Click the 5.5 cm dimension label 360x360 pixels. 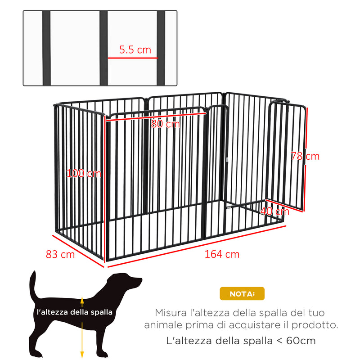pyautogui.click(x=135, y=50)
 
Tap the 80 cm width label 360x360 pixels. pyautogui.click(x=165, y=124)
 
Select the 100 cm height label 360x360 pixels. pyautogui.click(x=84, y=173)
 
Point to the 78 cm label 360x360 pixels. pyautogui.click(x=305, y=156)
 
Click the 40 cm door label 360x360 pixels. pyautogui.click(x=275, y=211)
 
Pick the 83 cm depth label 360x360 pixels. pyautogui.click(x=60, y=254)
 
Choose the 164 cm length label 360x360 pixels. pyautogui.click(x=222, y=254)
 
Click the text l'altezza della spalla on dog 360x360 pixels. pyautogui.click(x=75, y=311)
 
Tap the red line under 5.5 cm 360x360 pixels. pyautogui.click(x=133, y=58)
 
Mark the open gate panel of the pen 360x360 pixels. pyautogui.click(x=286, y=155)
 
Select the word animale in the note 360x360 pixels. pyautogui.click(x=162, y=324)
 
